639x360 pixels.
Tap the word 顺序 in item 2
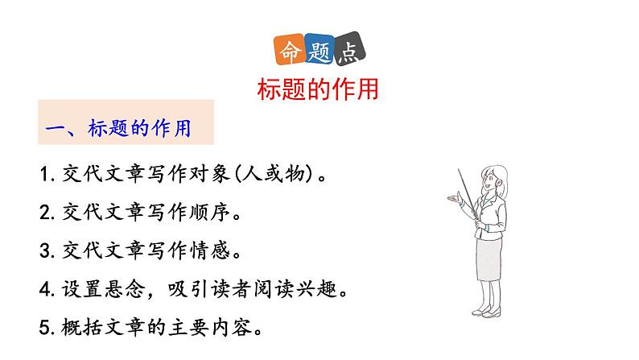coord(211,213)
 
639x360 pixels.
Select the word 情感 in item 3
coord(211,251)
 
